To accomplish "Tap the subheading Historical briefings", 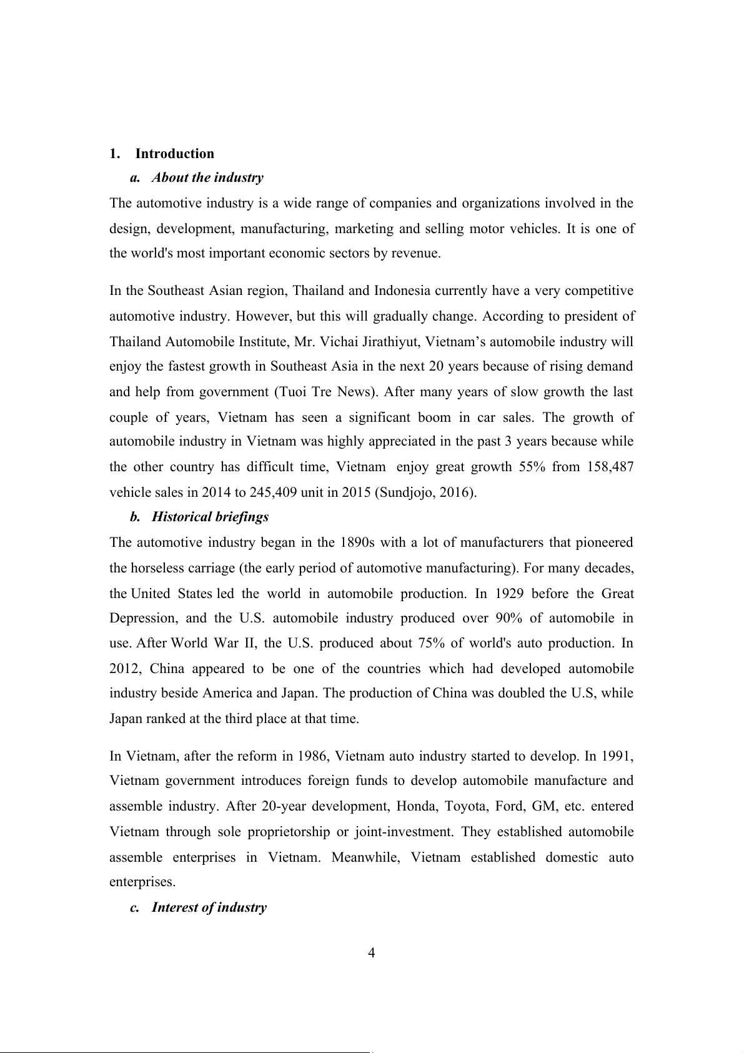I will click(210, 517).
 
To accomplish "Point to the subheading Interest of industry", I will click(209, 907).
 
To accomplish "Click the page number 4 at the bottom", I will click(372, 953).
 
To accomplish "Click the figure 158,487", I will click(610, 467).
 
